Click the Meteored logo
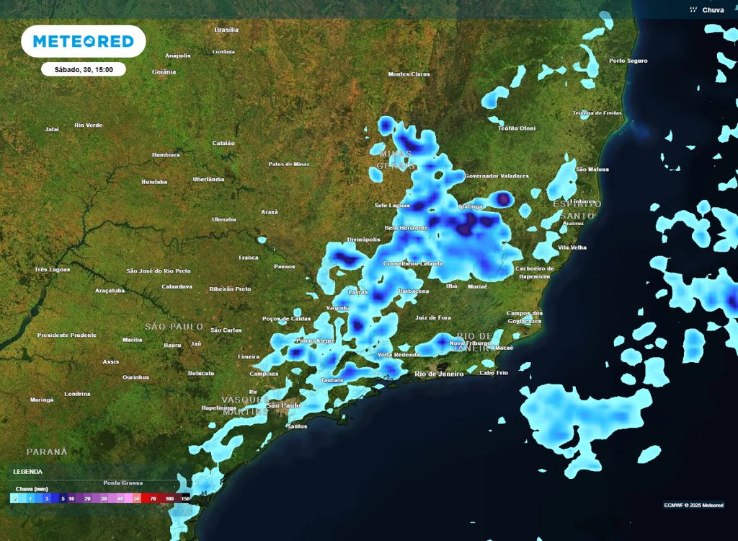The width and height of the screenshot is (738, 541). tap(84, 42)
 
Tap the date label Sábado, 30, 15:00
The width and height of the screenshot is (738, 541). tap(83, 70)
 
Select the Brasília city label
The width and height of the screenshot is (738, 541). tap(226, 30)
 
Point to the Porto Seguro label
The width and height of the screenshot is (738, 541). tap(628, 61)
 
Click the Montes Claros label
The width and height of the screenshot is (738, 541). tap(409, 74)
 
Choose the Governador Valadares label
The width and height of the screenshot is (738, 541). tap(497, 176)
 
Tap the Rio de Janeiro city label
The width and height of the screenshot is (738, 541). tap(439, 374)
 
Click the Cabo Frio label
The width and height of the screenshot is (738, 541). tap(494, 373)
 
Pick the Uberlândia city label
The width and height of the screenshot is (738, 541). tap(208, 180)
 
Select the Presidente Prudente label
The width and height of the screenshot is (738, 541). tap(67, 335)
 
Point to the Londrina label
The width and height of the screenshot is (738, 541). tap(77, 394)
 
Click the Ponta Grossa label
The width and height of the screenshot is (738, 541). tap(123, 483)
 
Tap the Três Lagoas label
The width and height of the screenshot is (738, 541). tap(52, 270)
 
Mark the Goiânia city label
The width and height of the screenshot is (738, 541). tap(164, 72)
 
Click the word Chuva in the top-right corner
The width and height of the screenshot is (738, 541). tap(713, 10)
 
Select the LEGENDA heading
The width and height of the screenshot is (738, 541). tap(27, 472)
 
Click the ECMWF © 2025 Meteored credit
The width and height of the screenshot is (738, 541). tap(693, 505)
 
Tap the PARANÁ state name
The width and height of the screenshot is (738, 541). tap(47, 452)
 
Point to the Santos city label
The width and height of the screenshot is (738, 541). tap(297, 426)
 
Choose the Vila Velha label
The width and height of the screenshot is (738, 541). tap(572, 247)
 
